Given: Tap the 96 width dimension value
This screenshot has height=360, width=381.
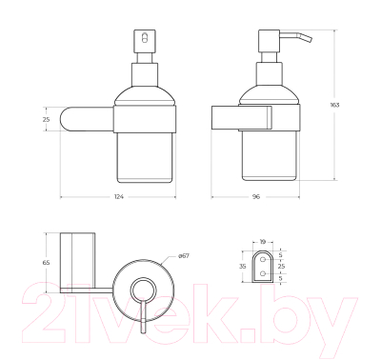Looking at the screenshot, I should [x=257, y=197].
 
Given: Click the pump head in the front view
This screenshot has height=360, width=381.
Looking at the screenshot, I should [x=143, y=42].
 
